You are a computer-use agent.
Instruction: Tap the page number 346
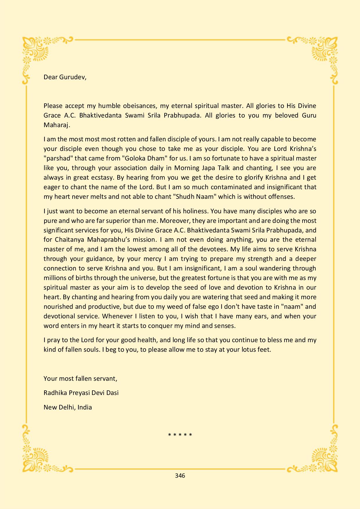[x=180, y=475]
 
